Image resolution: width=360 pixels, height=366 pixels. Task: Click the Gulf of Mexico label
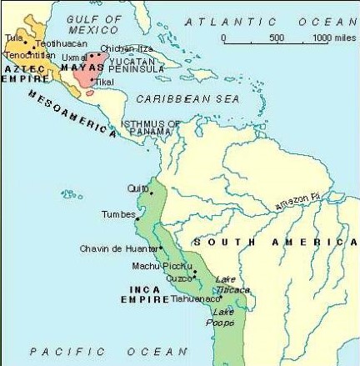pos(94,24)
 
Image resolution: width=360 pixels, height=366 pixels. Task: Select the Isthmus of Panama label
pos(151,129)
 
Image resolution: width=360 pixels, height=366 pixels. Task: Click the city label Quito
pos(137,188)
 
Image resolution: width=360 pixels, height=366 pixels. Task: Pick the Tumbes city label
pos(118,215)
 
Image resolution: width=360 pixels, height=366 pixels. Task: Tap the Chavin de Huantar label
pos(117,248)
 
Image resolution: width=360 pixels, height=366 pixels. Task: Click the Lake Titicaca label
pos(232,284)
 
